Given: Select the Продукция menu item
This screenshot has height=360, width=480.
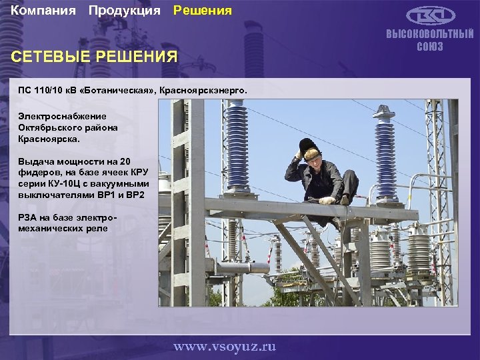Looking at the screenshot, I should (x=124, y=11).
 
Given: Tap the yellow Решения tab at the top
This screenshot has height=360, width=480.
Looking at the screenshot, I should (x=203, y=11).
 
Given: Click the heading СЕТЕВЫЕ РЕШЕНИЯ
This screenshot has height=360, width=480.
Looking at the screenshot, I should (x=95, y=57).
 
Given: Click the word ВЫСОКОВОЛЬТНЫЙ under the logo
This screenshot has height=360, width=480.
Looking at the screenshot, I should (x=430, y=34).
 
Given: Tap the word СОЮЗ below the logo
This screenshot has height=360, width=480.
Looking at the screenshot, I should (x=430, y=47).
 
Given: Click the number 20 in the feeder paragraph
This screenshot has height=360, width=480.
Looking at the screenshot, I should (x=127, y=161).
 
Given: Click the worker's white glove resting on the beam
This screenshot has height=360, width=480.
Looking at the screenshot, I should (x=327, y=200).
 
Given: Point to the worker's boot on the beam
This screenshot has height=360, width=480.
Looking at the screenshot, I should (x=345, y=199).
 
